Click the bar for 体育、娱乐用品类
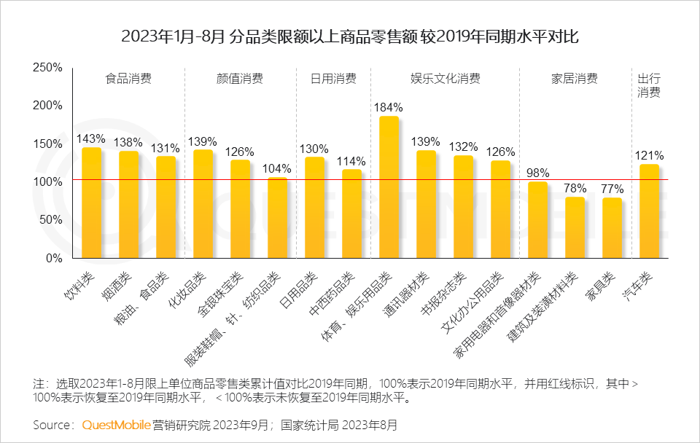pyautogui.click(x=389, y=187)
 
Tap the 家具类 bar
pyautogui.click(x=612, y=228)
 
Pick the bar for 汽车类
pyautogui.click(x=649, y=211)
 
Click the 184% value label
pyautogui.click(x=386, y=107)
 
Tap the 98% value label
pyautogui.click(x=537, y=173)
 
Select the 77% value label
pyautogui.click(x=612, y=188)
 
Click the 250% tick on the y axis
pyautogui.click(x=48, y=67)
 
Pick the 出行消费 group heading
pyautogui.click(x=649, y=85)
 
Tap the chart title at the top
pyautogui.click(x=350, y=36)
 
